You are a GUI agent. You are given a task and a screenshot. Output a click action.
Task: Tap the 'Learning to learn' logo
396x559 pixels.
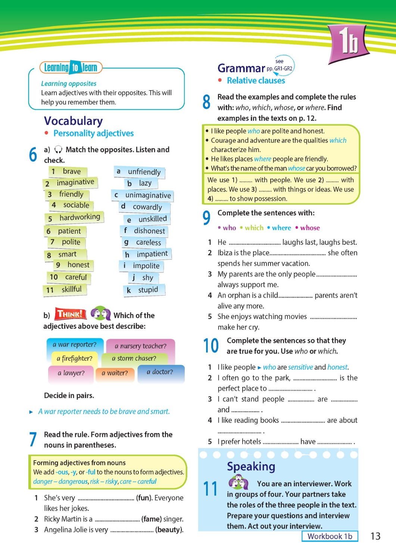[71, 67]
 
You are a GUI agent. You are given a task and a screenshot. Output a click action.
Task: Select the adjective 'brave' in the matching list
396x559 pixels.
[71, 171]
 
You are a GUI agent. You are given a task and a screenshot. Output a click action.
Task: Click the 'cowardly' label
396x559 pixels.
[147, 207]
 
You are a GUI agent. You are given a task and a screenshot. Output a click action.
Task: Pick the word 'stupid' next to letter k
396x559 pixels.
[148, 290]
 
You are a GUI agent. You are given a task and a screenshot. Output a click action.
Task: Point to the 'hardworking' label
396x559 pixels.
[79, 217]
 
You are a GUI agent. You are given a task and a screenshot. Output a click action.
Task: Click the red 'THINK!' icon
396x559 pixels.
[71, 314]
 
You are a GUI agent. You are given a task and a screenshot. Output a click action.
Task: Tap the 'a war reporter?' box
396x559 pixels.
[74, 345]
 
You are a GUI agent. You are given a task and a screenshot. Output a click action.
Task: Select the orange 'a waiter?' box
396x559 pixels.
[117, 373]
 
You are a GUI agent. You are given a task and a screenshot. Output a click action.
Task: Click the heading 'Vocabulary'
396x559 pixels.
[73, 121]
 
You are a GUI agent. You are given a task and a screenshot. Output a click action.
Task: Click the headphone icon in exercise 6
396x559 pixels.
[58, 150]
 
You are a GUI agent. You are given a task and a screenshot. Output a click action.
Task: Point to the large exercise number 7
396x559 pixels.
[33, 439]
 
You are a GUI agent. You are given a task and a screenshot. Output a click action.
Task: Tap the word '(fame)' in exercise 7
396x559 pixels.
[151, 519]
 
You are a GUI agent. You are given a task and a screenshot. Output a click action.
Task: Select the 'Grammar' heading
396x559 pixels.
[241, 68]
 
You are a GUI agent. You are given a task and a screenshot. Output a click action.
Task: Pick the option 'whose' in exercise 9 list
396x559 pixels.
[310, 228]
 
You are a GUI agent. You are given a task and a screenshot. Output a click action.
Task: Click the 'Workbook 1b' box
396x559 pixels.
[330, 536]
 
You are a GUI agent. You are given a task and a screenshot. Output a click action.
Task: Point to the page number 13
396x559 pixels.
[375, 536]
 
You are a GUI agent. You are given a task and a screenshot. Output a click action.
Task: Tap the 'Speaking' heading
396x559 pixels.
[251, 467]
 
